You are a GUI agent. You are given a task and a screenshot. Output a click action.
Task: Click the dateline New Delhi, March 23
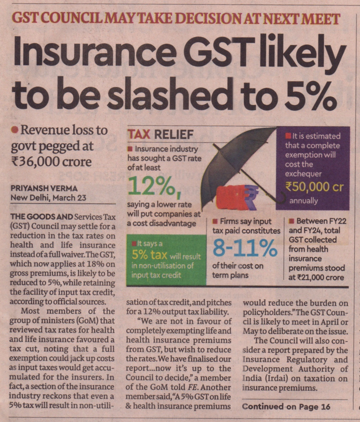coord(48,198)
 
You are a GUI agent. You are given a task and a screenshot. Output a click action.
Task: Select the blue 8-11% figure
coord(245,248)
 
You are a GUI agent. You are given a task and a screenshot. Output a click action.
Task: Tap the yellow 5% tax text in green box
coord(149,255)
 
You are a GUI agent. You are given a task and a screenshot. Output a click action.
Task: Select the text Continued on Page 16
coord(286,407)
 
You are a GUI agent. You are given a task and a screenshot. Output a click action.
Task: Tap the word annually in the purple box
coord(303,201)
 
